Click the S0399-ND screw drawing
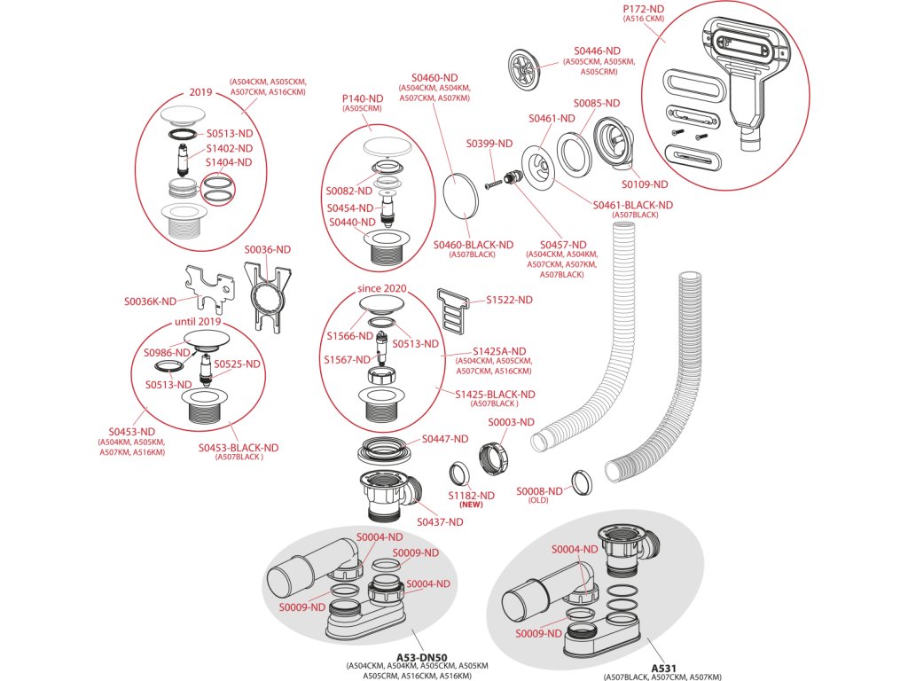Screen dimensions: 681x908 pyautogui.click(x=494, y=184)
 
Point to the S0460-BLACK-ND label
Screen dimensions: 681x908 pyautogui.click(x=474, y=245)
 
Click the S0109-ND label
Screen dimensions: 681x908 pyautogui.click(x=644, y=184)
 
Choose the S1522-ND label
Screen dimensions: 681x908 pyautogui.click(x=509, y=301)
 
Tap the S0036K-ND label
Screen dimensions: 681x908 pyautogui.click(x=150, y=301)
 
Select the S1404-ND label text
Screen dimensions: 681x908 pyautogui.click(x=229, y=163)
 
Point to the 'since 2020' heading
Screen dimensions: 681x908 pyautogui.click(x=381, y=289)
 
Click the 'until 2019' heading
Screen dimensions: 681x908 pyautogui.click(x=197, y=321)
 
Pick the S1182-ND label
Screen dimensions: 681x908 pyautogui.click(x=471, y=495)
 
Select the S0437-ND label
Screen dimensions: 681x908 pyautogui.click(x=440, y=522)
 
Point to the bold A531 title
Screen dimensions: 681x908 pyautogui.click(x=663, y=668)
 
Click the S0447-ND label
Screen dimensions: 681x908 pyautogui.click(x=445, y=439)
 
